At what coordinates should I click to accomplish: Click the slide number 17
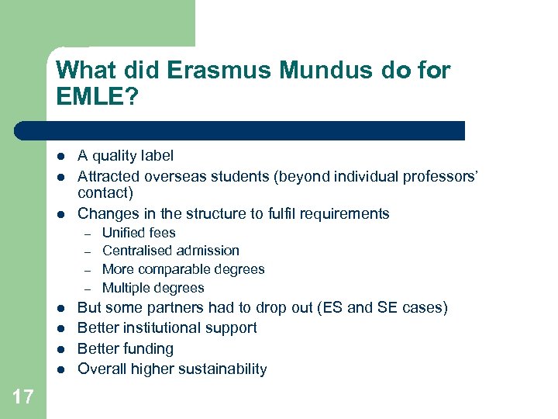23,397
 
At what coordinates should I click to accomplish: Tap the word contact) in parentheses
105,192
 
